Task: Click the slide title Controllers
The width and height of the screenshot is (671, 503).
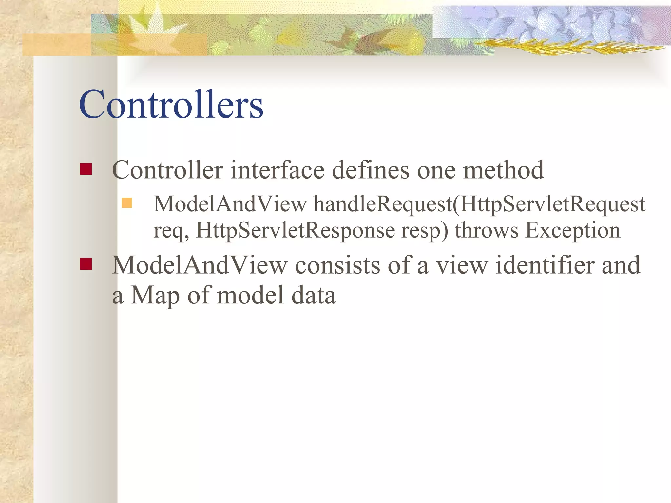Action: coord(171,105)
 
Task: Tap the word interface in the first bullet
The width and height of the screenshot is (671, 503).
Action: coord(278,170)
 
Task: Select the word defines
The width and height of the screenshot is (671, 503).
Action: coord(371,170)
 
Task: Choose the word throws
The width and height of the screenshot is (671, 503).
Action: coord(487,230)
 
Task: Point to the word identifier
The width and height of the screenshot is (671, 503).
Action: coord(545,265)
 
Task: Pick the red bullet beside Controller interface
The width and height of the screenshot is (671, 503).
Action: coord(86,169)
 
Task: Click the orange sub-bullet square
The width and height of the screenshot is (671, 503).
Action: coord(126,203)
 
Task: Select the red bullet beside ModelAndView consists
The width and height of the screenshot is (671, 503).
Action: coord(86,264)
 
